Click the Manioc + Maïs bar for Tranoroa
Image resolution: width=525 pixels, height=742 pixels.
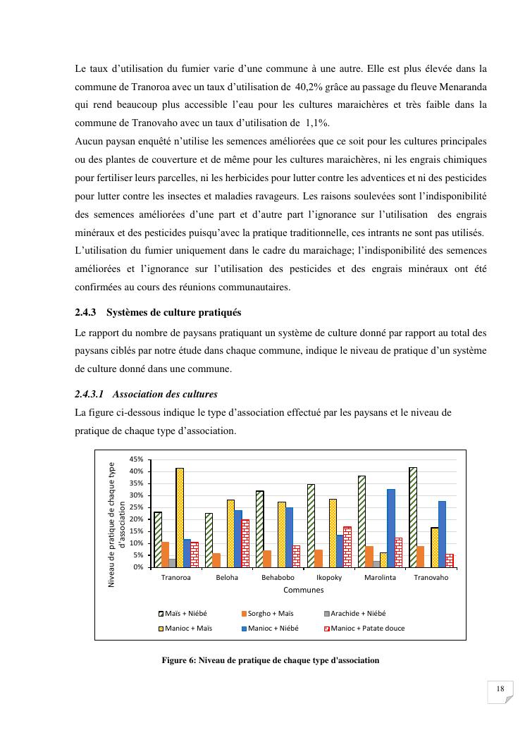coord(180,518)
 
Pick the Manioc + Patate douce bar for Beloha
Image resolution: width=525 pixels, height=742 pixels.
coord(245,543)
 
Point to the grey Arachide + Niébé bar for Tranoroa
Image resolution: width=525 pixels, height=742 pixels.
coord(172,563)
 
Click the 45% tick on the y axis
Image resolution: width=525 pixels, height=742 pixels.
coord(138,459)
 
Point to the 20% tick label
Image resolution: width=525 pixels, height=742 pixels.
coord(138,519)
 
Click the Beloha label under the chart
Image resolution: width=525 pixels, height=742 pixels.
coord(227,578)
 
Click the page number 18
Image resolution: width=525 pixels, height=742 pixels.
coord(500,688)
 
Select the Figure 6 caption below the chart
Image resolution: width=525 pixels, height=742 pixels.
coord(271,660)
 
